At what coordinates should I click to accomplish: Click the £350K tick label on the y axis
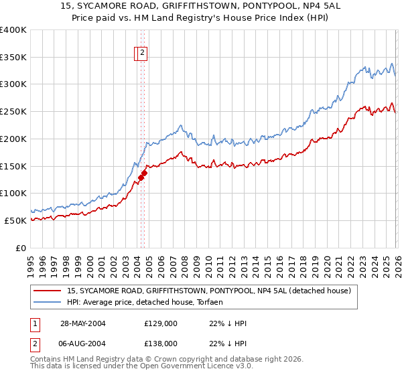13,58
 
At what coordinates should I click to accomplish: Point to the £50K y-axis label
15,220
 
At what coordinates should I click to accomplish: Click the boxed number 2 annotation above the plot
143,54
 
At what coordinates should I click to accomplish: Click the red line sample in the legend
47,291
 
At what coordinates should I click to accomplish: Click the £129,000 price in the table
161,323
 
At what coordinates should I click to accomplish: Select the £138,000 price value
161,343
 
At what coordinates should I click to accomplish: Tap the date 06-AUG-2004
83,343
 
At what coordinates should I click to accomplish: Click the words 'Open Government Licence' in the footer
182,366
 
